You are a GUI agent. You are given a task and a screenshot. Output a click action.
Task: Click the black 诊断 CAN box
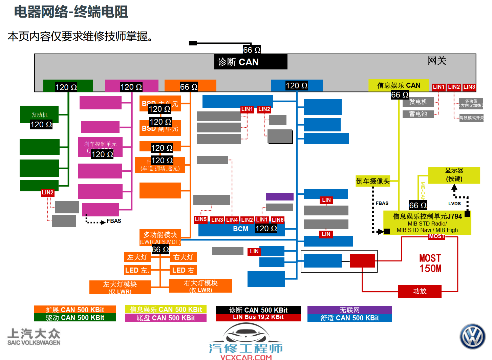coord(251,62)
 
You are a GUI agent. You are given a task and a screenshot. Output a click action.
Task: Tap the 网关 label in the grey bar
coord(437,61)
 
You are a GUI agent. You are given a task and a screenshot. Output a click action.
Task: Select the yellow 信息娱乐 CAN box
coord(399,85)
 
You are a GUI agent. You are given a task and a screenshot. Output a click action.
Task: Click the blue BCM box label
coord(240,229)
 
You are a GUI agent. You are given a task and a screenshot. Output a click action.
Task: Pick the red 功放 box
coord(420,291)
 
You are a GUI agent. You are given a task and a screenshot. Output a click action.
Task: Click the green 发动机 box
coord(39,114)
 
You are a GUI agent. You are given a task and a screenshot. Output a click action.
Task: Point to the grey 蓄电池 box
coord(418,114)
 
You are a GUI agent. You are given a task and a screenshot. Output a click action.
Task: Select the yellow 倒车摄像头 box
coord(372,181)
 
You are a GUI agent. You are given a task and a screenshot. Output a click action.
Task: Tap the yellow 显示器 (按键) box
coord(454,175)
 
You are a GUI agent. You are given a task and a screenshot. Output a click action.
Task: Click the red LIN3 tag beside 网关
coord(469,87)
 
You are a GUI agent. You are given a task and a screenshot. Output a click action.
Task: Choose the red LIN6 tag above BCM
coord(278,220)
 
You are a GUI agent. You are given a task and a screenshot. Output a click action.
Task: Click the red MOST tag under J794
coord(436,236)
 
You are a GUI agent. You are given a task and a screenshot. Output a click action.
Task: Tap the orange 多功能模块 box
coord(160,235)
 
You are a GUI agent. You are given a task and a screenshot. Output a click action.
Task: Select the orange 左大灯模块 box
coord(120,287)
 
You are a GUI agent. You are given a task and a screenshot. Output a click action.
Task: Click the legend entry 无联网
coord(349,310)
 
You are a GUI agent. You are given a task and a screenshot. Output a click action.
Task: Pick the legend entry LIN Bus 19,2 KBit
coord(258,317)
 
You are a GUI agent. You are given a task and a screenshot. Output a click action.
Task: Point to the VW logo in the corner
coord(472,336)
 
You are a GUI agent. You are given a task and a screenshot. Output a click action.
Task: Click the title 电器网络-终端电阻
coord(71,12)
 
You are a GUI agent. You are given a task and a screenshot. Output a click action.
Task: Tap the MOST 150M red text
coord(430,263)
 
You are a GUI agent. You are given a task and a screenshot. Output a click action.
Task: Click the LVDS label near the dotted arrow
coord(454,204)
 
